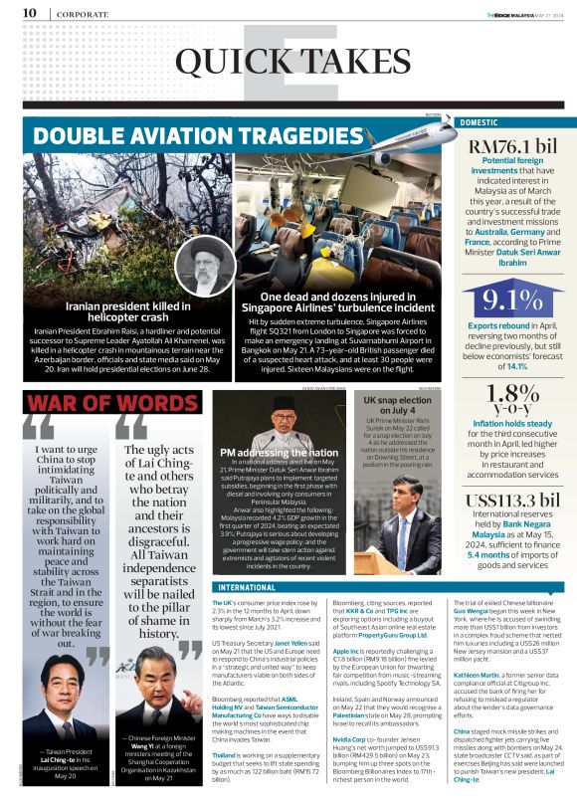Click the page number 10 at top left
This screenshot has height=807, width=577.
click(x=29, y=13)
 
